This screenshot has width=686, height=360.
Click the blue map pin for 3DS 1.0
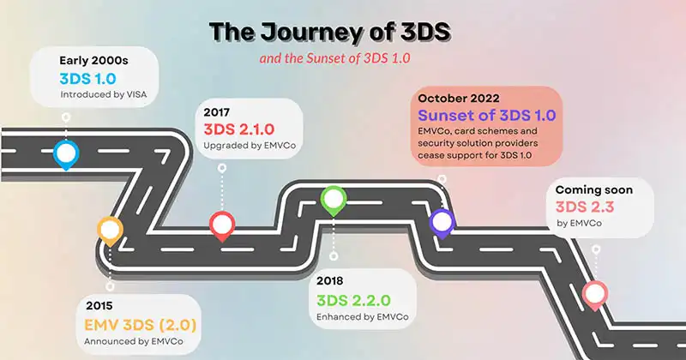66,154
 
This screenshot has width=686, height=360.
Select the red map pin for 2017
222,225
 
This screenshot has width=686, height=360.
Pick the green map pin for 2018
334,201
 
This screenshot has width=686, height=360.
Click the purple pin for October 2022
442,223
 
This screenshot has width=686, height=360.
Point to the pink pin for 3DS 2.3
595,295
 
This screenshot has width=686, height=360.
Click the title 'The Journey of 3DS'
330,32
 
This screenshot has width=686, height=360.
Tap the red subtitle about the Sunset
334,58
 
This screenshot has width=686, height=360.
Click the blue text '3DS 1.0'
88,79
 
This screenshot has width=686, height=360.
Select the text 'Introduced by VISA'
104,94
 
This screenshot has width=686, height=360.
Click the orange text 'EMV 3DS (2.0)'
141,325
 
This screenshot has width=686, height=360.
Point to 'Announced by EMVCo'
134,341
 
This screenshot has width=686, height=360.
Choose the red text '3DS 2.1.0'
239,129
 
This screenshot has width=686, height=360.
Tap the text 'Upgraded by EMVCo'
250,145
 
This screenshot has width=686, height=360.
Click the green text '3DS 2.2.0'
353,301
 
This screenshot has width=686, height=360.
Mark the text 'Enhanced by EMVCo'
362,316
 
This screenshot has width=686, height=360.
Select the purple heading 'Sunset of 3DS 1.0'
487,116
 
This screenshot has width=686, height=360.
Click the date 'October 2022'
459,99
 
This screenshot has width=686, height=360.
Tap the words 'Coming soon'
594,189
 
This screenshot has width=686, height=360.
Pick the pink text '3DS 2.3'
585,207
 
